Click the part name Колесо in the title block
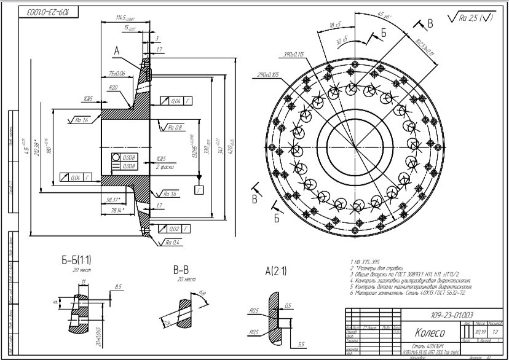pyautogui.click(x=430, y=333)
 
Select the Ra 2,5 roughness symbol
pyautogui.click(x=473, y=18)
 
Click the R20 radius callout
pyautogui.click(x=113, y=88)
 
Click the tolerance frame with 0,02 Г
pyautogui.click(x=175, y=229)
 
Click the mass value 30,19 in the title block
pyautogui.click(x=472, y=332)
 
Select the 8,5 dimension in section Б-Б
pyautogui.click(x=118, y=286)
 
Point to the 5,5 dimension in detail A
pyautogui.click(x=301, y=343)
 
